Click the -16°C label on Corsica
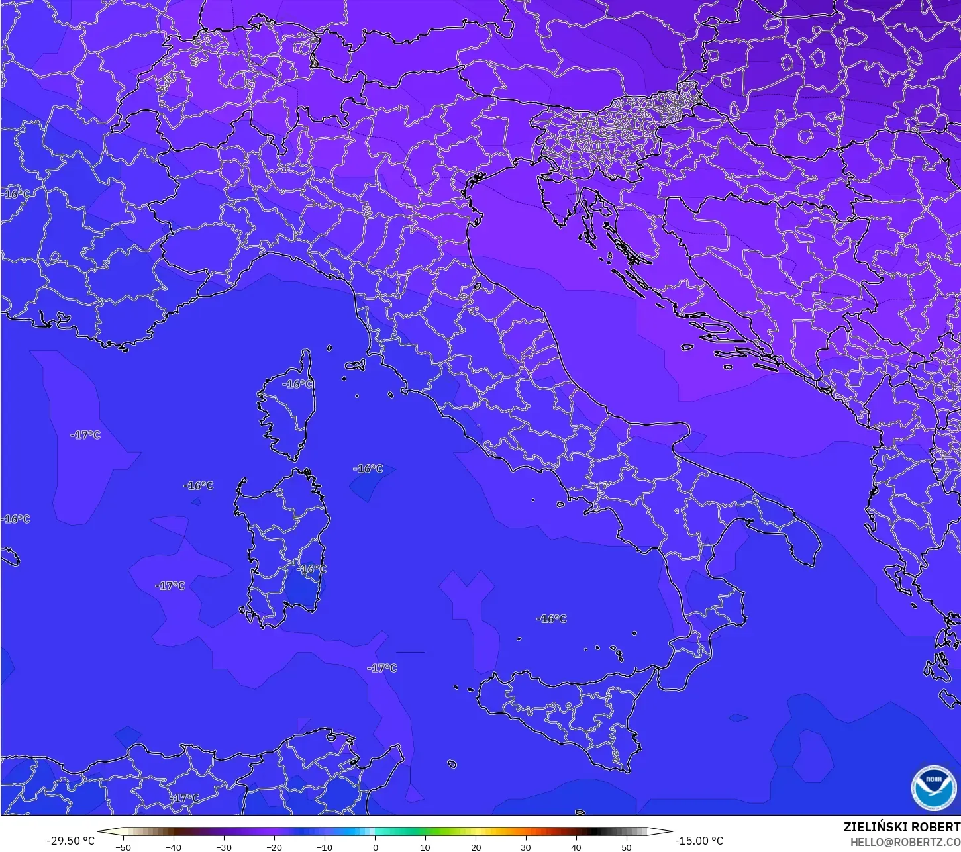(x=297, y=384)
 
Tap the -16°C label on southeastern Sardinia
(x=311, y=569)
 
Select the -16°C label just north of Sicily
(x=552, y=619)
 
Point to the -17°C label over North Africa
(x=184, y=798)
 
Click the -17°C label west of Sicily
(x=382, y=668)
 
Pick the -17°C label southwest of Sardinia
(x=170, y=586)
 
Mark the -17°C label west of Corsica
(x=85, y=435)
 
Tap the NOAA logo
(x=933, y=787)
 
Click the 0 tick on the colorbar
(x=375, y=847)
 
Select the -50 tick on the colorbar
(x=123, y=847)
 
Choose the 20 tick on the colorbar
(x=476, y=847)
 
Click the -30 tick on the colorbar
(x=224, y=847)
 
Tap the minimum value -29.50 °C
(x=70, y=841)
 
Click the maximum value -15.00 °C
(x=699, y=841)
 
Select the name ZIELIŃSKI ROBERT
(x=901, y=828)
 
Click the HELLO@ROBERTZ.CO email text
(x=905, y=842)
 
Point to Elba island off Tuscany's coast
(x=355, y=365)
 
